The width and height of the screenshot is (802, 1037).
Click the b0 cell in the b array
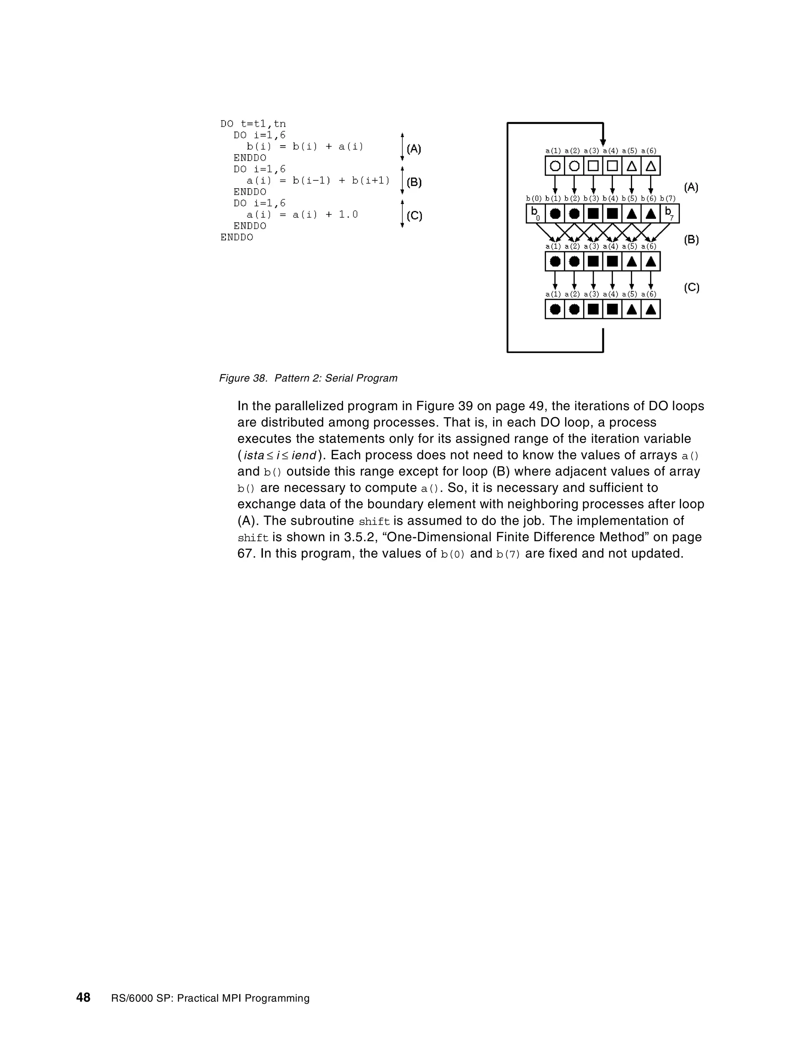pyautogui.click(x=535, y=213)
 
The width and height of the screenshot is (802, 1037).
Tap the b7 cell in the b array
pyautogui.click(x=669, y=213)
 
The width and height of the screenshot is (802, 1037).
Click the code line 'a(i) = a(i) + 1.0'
pyautogui.click(x=302, y=214)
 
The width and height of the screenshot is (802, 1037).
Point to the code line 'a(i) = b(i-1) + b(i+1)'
pyautogui.click(x=318, y=180)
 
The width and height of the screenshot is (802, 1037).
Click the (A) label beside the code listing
pyautogui.click(x=414, y=149)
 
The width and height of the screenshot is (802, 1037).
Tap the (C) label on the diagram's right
pyautogui.click(x=691, y=288)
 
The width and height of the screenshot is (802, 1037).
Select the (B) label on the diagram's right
pyautogui.click(x=691, y=240)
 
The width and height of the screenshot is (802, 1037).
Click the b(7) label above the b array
pyautogui.click(x=668, y=198)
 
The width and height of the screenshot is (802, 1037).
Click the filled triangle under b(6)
pyautogui.click(x=651, y=214)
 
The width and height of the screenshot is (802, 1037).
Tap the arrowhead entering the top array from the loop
pyautogui.click(x=603, y=142)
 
